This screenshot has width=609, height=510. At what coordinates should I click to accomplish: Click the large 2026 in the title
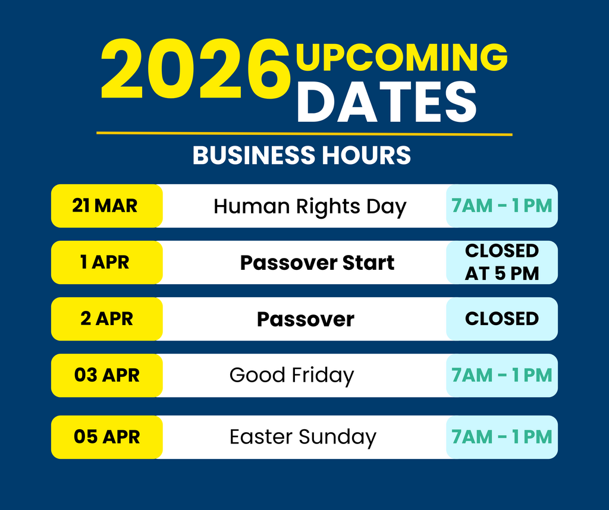195,69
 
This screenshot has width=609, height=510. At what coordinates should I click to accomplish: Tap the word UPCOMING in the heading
401,58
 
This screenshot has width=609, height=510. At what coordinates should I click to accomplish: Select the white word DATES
387,102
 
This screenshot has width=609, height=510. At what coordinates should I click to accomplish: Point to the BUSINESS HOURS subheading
302,155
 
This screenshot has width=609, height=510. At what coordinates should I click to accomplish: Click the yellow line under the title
304,134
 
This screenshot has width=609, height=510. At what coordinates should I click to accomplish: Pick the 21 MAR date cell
107,206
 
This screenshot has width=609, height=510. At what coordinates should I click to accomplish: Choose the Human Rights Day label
310,206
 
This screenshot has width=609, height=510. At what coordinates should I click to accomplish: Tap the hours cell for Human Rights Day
502,206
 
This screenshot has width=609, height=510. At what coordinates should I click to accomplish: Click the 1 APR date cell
107,262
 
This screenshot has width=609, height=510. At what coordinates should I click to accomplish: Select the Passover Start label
318,263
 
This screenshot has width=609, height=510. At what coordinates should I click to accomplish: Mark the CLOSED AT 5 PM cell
502,262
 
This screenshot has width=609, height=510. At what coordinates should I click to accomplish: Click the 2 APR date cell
107,319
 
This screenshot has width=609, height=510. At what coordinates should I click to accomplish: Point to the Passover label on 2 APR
306,319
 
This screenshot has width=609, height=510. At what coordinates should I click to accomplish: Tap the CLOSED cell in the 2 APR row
502,319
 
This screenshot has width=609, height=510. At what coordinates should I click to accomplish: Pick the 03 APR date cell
107,375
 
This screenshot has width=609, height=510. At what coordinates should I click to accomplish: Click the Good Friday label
291,376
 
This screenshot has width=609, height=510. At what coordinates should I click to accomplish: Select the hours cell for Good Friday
502,375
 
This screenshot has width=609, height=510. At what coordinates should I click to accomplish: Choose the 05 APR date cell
107,437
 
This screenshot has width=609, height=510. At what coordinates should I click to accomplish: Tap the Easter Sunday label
303,437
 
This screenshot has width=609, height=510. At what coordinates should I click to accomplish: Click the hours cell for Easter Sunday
502,437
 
